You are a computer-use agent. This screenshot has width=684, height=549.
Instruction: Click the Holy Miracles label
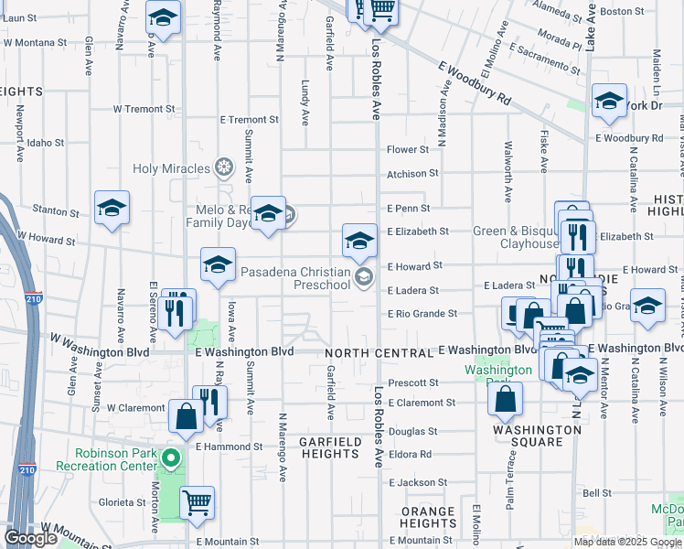pyautogui.click(x=172, y=168)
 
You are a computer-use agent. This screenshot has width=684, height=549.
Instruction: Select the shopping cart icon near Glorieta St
pyautogui.click(x=198, y=502)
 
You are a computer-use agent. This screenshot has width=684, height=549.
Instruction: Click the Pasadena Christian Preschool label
pyautogui.click(x=295, y=278)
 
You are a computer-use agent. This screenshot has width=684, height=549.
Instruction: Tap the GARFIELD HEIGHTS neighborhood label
pyautogui.click(x=330, y=447)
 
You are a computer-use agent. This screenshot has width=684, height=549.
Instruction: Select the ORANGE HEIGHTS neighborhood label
pyautogui.click(x=428, y=517)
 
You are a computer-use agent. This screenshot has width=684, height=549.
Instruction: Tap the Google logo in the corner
pyautogui.click(x=30, y=538)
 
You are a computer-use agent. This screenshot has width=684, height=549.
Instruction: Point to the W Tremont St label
pyautogui.click(x=137, y=109)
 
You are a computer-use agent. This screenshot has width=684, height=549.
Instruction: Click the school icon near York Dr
pyautogui.click(x=609, y=102)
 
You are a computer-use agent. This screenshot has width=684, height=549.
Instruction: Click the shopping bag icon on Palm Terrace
pyautogui.click(x=505, y=398)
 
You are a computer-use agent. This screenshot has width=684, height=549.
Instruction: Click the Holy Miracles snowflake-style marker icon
pyautogui.click(x=223, y=167)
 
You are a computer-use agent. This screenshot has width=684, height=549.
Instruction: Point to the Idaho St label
pyautogui.click(x=46, y=143)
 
